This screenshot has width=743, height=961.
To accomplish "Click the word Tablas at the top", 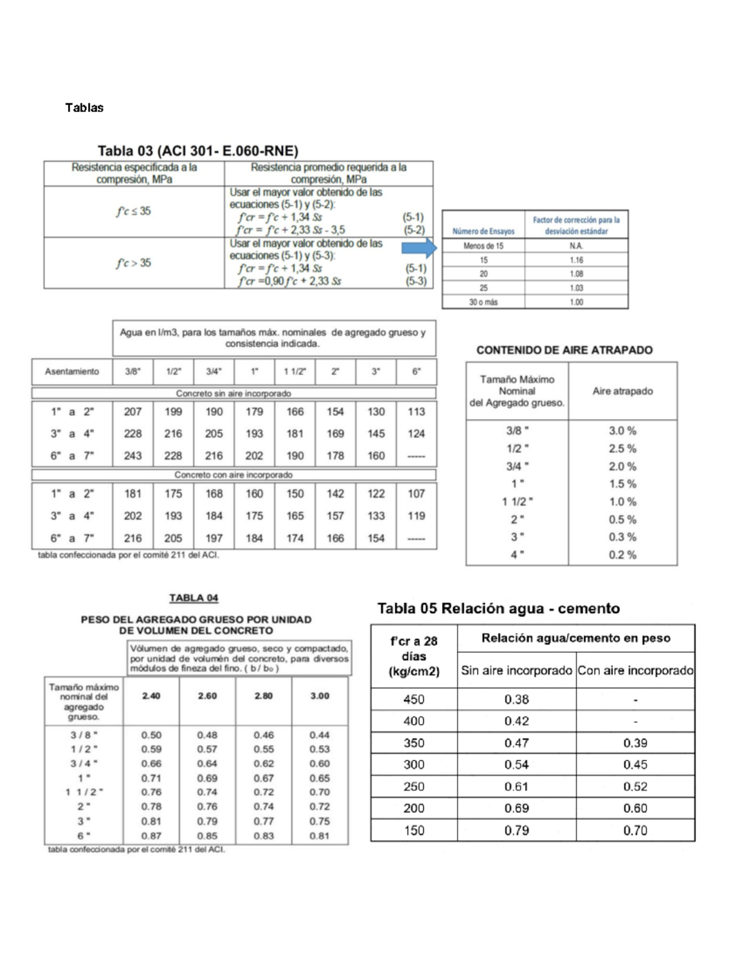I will (x=84, y=108).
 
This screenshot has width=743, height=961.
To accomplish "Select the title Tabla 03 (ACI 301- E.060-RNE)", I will (x=198, y=150).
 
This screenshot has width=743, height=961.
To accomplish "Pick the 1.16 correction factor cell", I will (x=576, y=260).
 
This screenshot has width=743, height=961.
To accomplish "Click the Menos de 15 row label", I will (x=483, y=246).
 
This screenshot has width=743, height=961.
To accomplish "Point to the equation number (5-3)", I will (x=416, y=281).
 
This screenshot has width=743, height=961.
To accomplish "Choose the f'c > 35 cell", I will (x=133, y=263).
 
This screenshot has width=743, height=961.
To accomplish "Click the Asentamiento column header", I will (x=72, y=372).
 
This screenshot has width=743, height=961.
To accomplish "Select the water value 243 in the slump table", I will (x=133, y=455).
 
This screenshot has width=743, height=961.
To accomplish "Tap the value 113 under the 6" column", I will (x=416, y=412).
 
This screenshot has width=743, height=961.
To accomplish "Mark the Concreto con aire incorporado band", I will (x=233, y=475).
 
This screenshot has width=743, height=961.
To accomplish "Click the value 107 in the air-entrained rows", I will (x=416, y=494).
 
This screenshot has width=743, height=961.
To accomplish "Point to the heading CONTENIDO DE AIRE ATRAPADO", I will (x=564, y=350).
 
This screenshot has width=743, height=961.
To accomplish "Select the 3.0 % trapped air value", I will (x=622, y=431).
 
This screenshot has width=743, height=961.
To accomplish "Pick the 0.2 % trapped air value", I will (x=622, y=555).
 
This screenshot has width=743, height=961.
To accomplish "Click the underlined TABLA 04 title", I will (x=194, y=598).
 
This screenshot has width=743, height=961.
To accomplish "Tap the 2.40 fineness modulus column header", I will (x=151, y=696).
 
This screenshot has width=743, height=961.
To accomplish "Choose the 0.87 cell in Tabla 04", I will (x=151, y=836).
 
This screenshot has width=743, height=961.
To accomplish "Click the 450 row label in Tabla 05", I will (x=414, y=699).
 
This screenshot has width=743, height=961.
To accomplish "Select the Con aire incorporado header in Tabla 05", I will (x=635, y=671).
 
